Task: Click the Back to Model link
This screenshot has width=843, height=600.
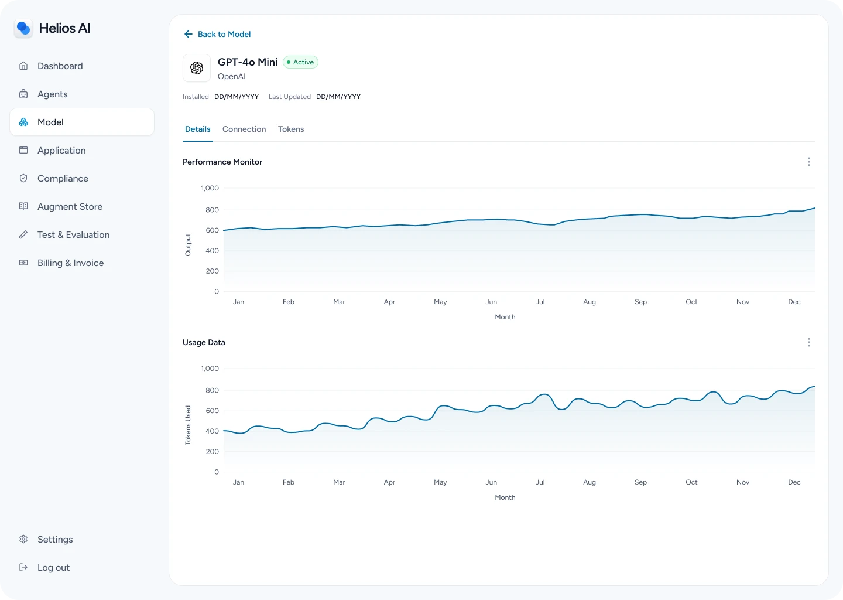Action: pos(217,34)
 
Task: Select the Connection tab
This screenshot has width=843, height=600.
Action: pos(244,129)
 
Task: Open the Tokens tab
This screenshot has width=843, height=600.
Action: pos(291,129)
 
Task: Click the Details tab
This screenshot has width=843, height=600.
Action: pos(198,129)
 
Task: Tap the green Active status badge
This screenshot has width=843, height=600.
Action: pos(300,62)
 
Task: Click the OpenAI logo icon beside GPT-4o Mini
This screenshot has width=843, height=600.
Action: pos(197,68)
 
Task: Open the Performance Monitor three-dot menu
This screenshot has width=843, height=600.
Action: pos(809,162)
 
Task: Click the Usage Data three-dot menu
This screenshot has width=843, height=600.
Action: pos(809,342)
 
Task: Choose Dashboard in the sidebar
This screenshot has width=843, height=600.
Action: pos(60,66)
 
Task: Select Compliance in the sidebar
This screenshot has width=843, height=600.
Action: pos(63,179)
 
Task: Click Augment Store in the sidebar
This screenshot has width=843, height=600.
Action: pos(70,207)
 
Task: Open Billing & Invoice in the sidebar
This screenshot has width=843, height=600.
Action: pos(70,263)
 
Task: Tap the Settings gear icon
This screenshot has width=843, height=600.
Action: pos(23,540)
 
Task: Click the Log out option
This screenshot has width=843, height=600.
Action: pos(53,568)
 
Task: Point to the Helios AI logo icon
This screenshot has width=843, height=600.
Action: pos(23,28)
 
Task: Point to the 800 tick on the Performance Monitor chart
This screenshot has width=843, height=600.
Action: pos(212,210)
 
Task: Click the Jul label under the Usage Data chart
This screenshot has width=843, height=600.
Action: pos(540,482)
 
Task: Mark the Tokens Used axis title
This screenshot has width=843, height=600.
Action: pos(188,425)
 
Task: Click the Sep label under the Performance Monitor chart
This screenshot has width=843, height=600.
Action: pos(640,302)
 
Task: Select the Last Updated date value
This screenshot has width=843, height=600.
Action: pos(338,97)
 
